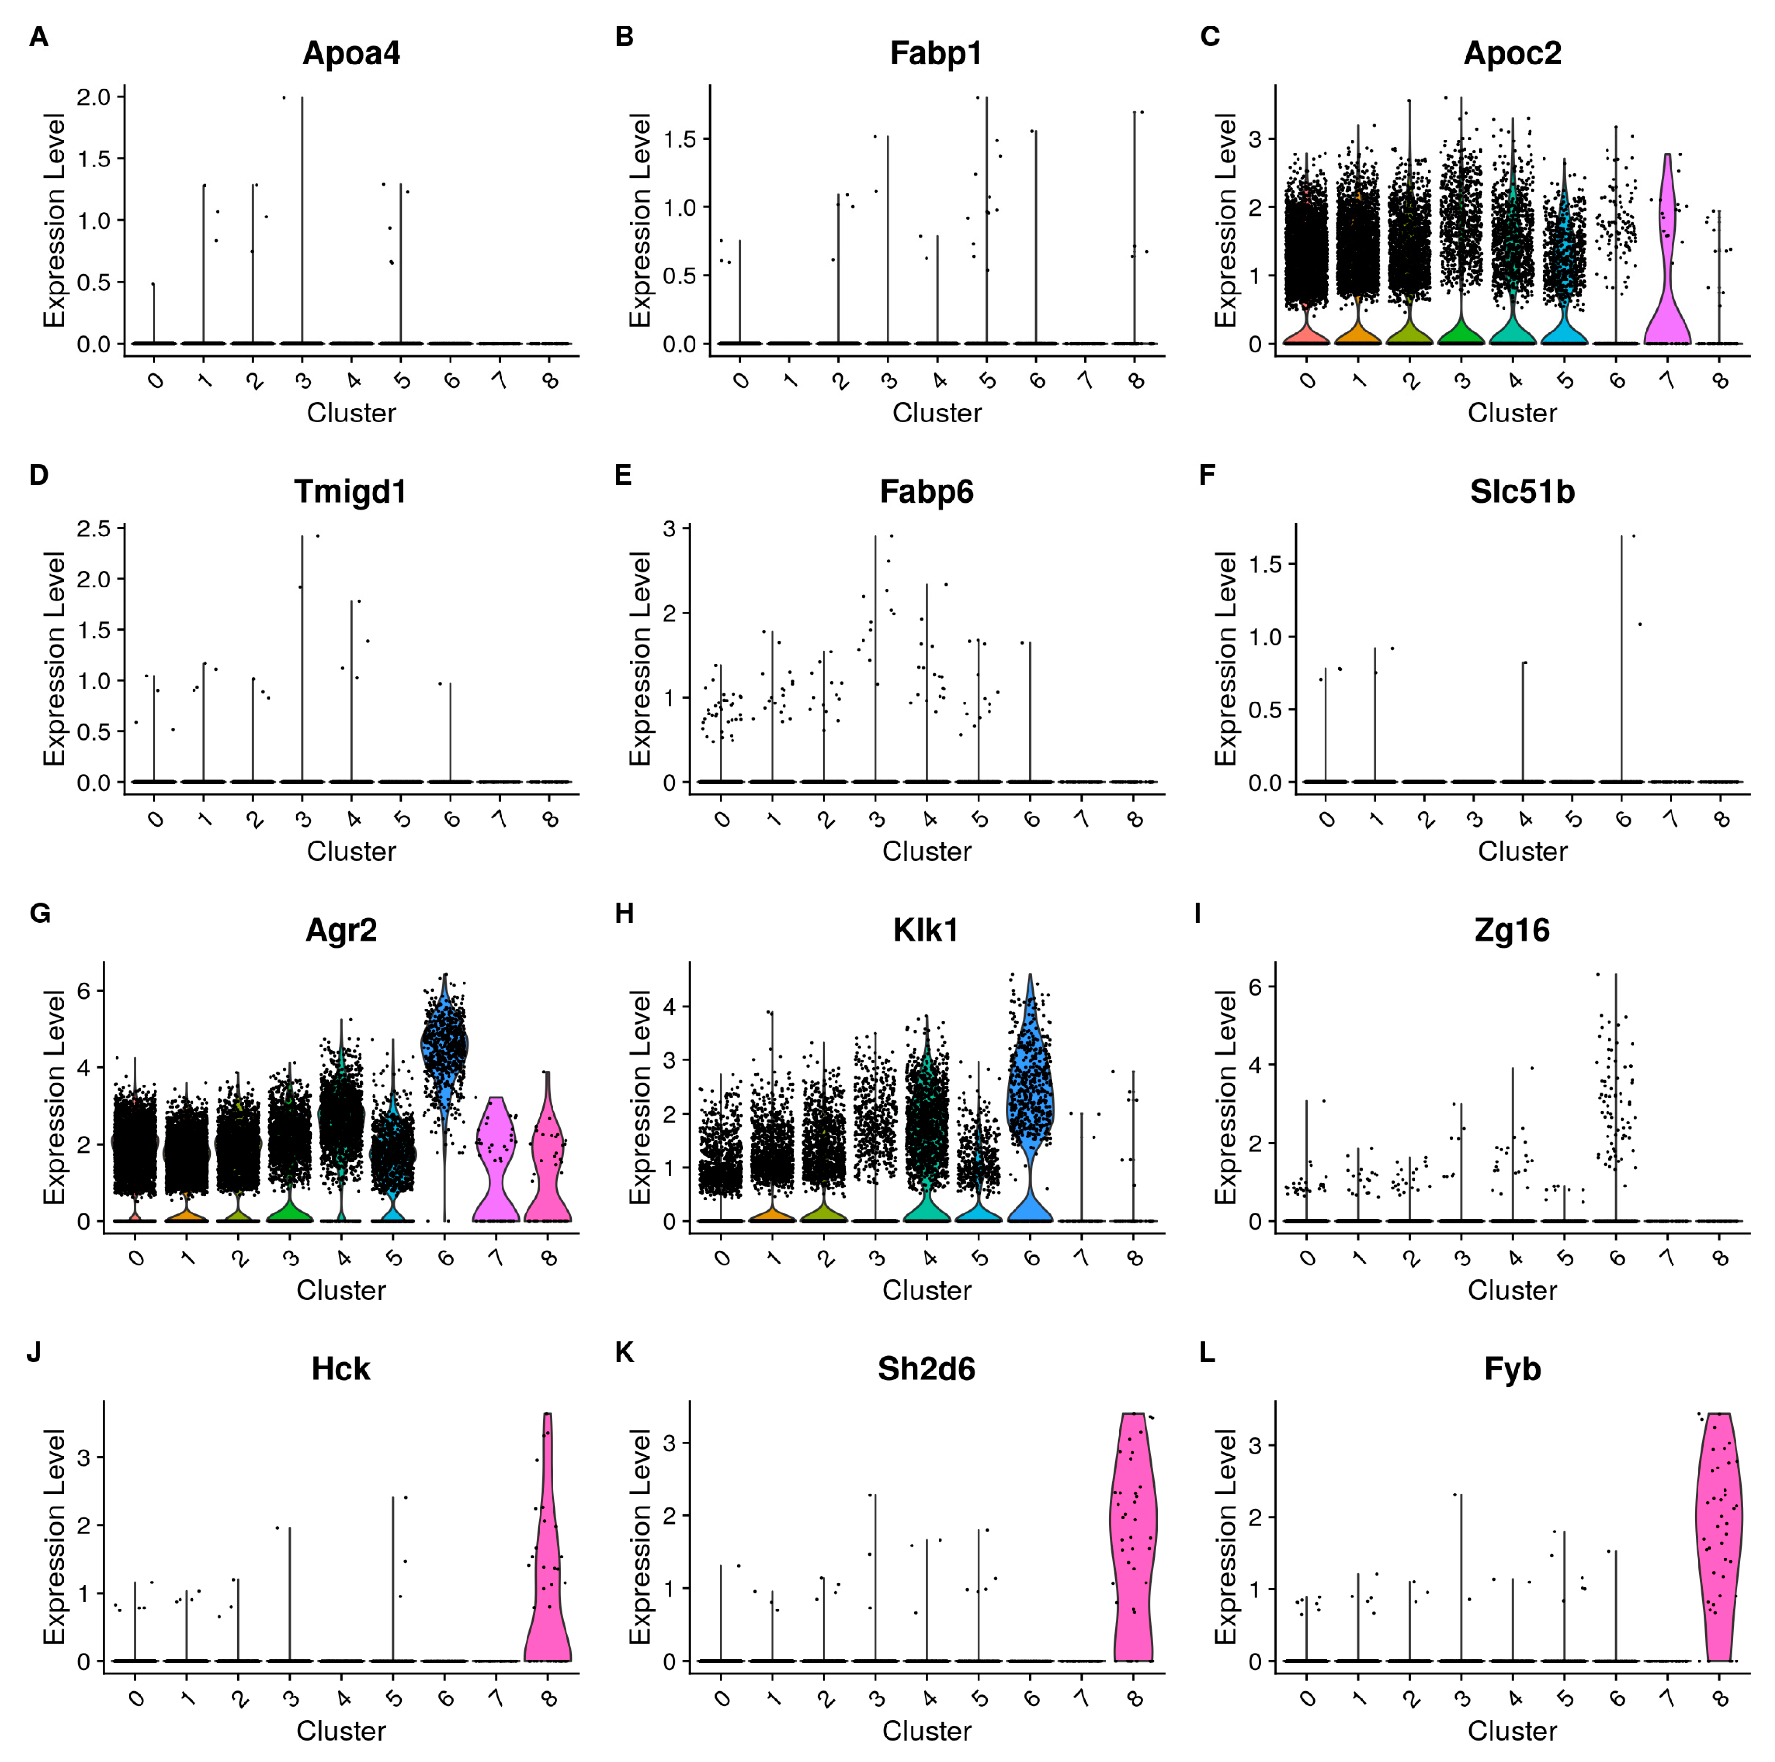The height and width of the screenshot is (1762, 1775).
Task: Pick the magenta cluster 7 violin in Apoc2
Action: pyautogui.click(x=1667, y=303)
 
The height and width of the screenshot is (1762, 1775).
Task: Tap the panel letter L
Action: pyautogui.click(x=1207, y=1352)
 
